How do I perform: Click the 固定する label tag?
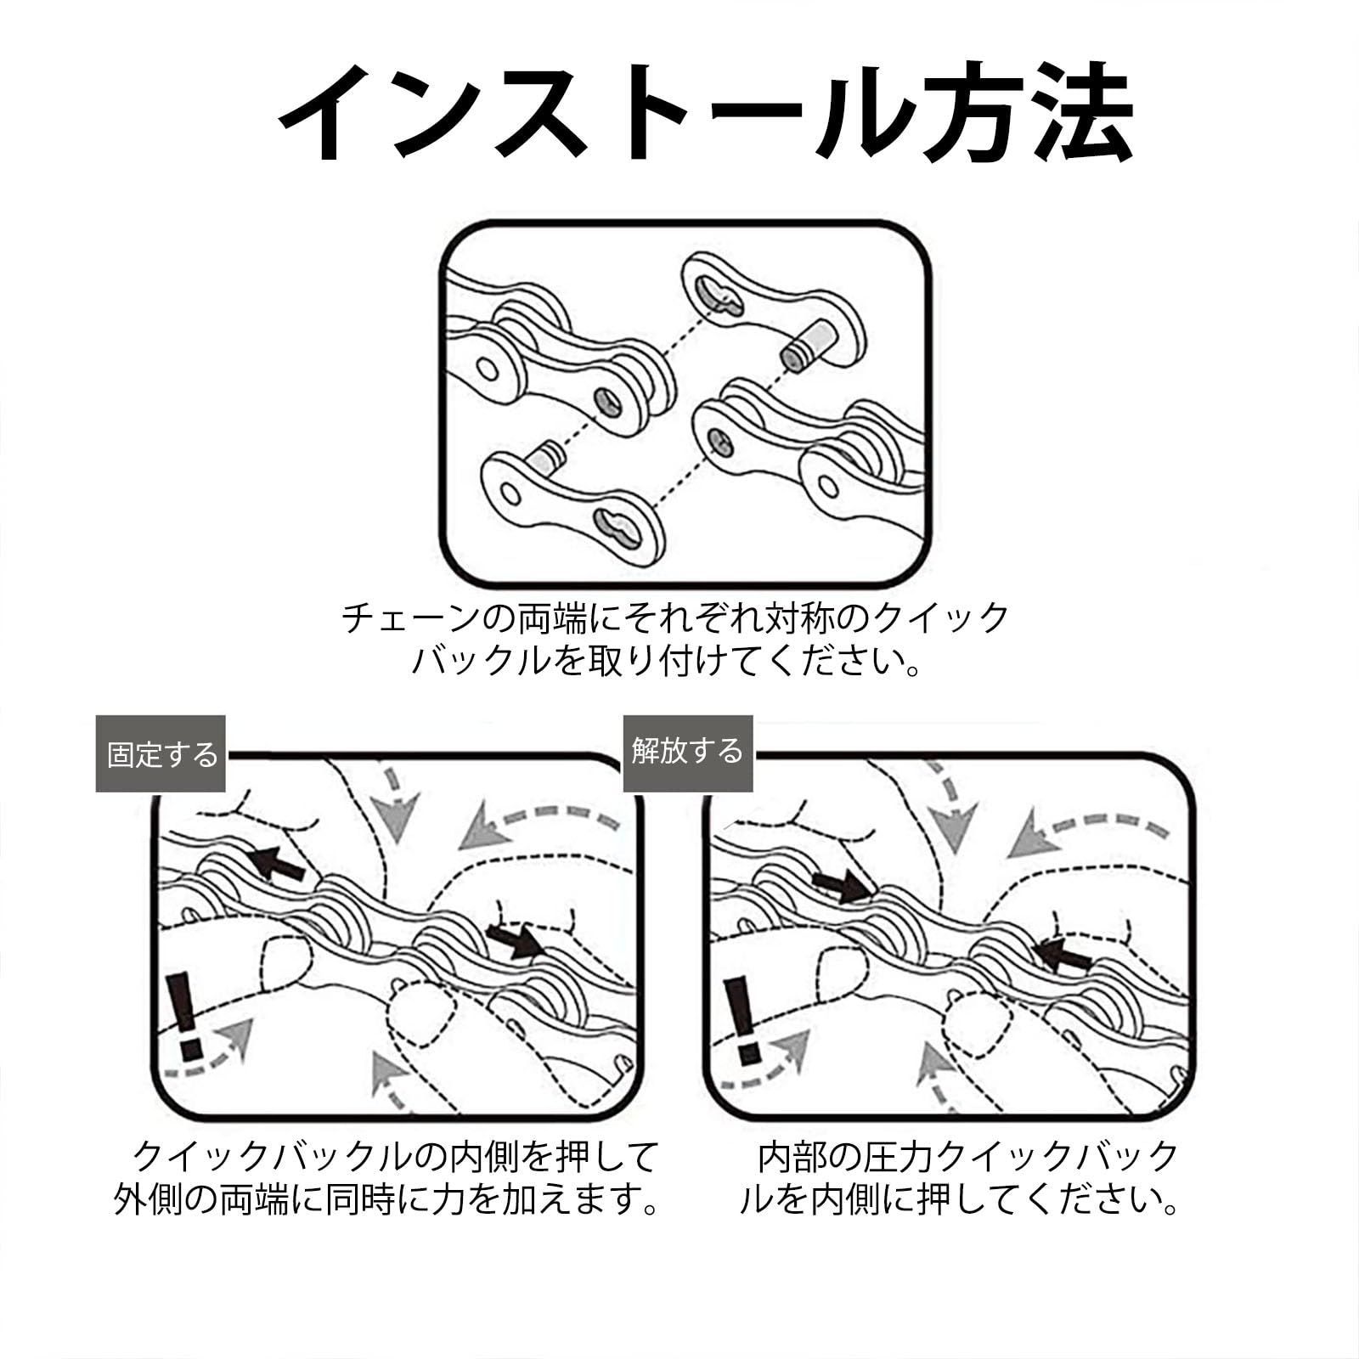tap(161, 753)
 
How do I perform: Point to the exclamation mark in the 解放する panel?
tap(742, 1020)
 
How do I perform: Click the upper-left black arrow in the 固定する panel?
tap(276, 863)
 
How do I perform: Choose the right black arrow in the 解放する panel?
tap(1062, 955)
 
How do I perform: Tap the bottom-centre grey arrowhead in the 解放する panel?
tap(937, 1068)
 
